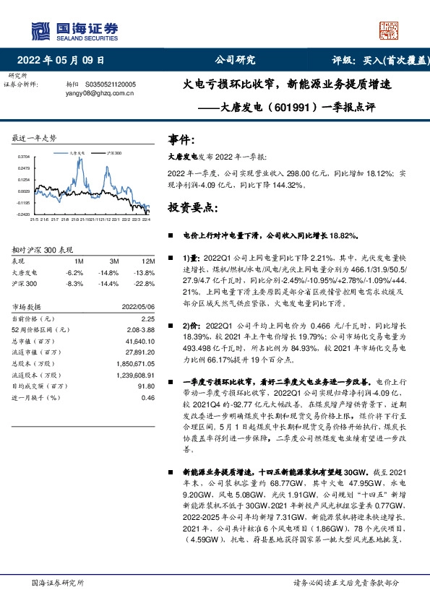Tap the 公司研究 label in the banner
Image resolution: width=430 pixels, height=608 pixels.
pyautogui.click(x=235, y=61)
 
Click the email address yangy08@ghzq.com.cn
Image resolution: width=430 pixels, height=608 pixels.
pyautogui.click(x=98, y=93)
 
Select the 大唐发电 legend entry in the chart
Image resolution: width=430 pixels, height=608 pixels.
pyautogui.click(x=79, y=154)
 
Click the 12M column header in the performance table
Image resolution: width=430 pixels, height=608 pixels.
pyautogui.click(x=148, y=261)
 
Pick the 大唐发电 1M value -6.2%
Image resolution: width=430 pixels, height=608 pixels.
pyautogui.click(x=74, y=273)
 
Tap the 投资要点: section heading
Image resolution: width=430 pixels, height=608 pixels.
pyautogui.click(x=190, y=207)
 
